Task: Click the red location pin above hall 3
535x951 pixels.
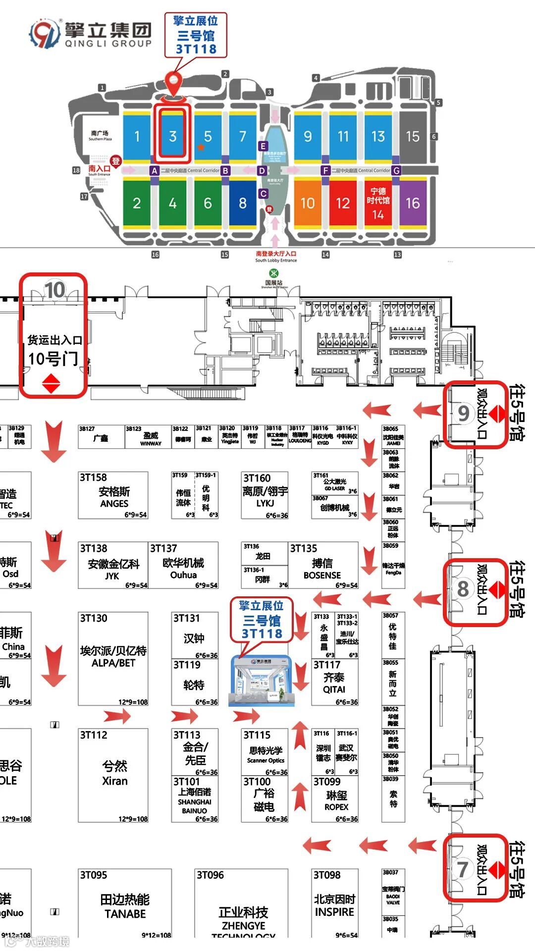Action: coord(173,81)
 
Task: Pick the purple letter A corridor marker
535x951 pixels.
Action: coord(155,171)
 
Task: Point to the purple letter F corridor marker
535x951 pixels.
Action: coord(325,171)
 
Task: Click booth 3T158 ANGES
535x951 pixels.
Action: coord(113,495)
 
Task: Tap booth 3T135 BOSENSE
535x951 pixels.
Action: coord(323,565)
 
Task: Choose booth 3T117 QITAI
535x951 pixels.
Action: coord(334,682)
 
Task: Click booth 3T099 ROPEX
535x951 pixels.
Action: coord(335,799)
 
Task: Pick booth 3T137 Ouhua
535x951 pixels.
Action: coord(184,565)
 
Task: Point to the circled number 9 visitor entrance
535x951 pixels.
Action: coord(463,413)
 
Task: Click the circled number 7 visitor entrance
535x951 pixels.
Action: coord(462,869)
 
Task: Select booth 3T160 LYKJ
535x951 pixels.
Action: coord(265,495)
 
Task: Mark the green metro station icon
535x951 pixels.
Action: coord(273,273)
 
